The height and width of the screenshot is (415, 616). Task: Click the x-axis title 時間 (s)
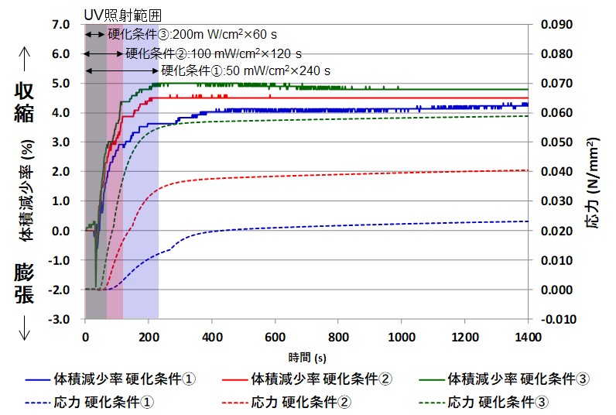tap(306, 357)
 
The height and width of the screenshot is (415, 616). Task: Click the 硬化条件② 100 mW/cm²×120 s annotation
tap(214, 53)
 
